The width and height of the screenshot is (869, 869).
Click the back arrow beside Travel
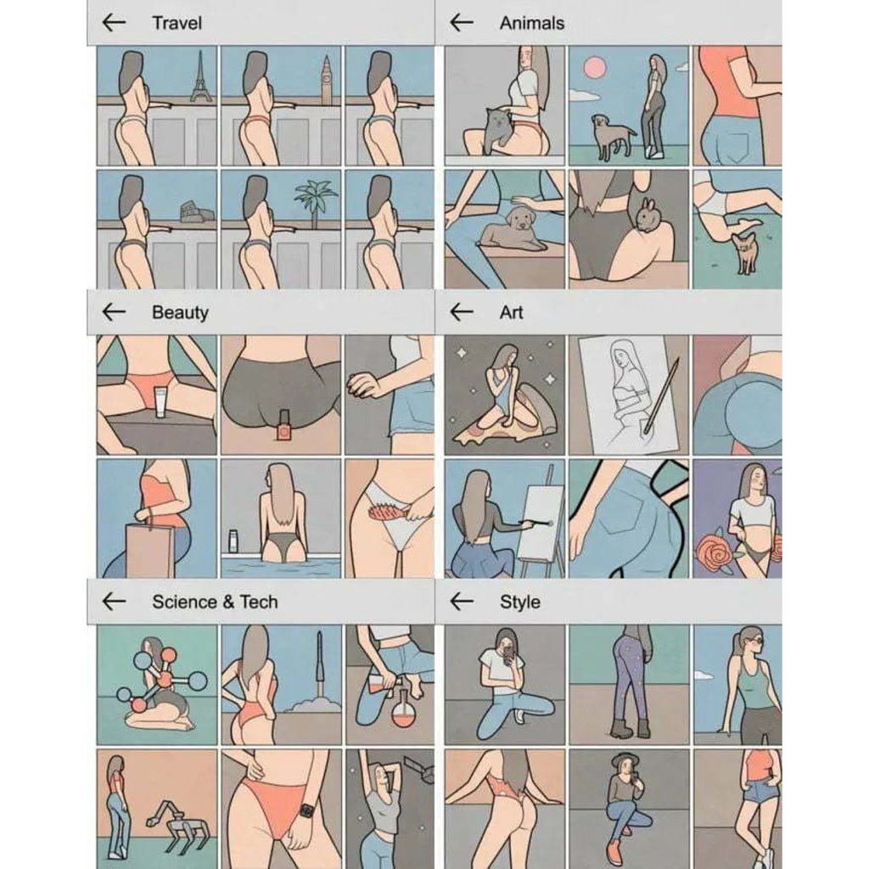tap(115, 23)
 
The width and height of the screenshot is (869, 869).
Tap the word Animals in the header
tap(531, 23)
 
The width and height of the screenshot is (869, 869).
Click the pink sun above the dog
tap(595, 68)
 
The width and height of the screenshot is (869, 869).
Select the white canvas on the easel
tap(541, 521)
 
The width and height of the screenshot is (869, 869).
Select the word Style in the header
tap(520, 602)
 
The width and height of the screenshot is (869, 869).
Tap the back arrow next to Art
tap(462, 312)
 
